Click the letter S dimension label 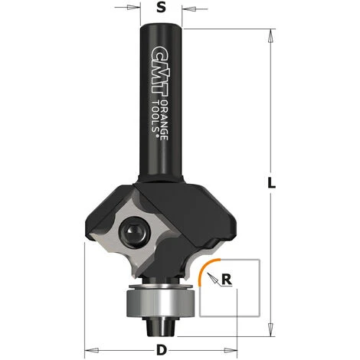pyautogui.click(x=160, y=10)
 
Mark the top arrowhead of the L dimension pyautogui.click(x=272, y=34)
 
